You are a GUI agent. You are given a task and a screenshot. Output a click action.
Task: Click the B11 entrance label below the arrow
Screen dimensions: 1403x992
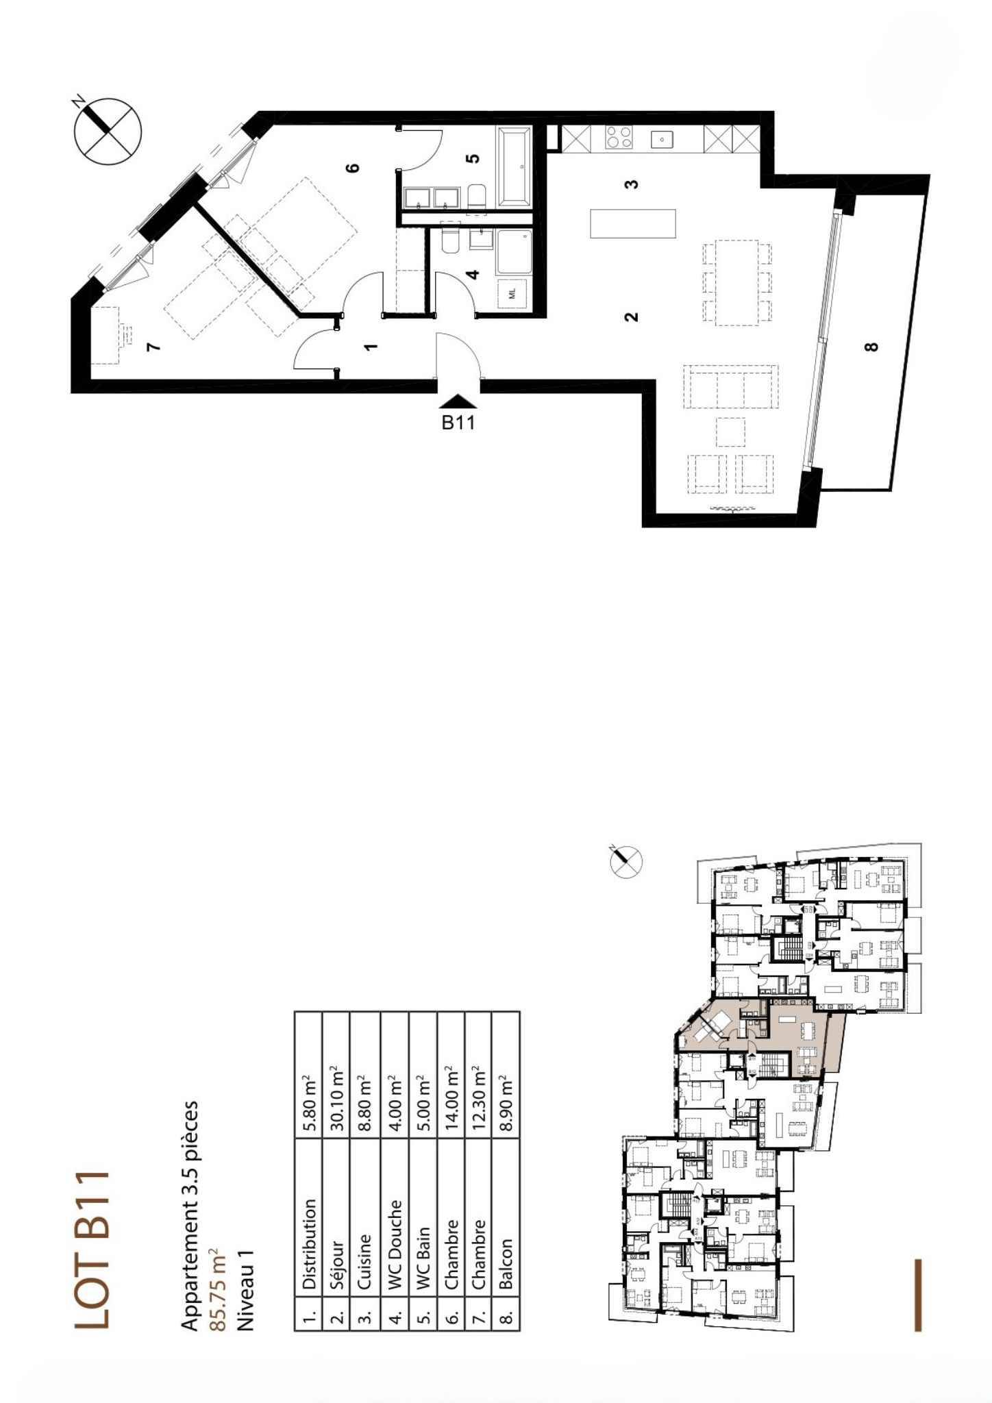click(x=458, y=423)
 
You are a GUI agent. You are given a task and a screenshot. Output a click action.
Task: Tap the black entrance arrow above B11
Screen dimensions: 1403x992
click(x=458, y=403)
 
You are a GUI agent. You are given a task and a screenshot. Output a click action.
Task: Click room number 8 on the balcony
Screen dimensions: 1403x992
click(x=871, y=347)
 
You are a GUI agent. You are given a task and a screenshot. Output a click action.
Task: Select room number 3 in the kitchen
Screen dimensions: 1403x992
click(x=632, y=184)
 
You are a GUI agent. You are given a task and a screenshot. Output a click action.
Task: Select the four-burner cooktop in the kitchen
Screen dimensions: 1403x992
click(x=619, y=138)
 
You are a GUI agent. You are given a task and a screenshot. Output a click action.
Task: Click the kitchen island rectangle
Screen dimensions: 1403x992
click(x=633, y=223)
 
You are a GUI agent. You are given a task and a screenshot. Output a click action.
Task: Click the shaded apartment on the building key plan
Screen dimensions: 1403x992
click(x=760, y=1041)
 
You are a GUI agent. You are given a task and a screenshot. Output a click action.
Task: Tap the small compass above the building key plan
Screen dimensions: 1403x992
click(x=626, y=861)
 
